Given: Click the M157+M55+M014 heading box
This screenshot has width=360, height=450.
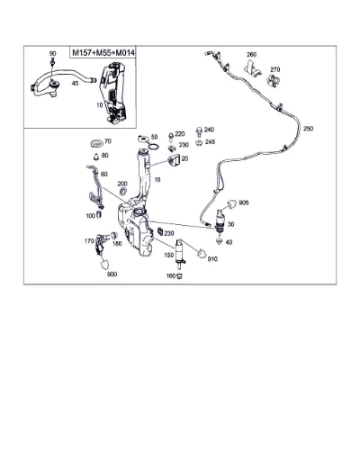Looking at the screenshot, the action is pyautogui.click(x=103, y=52).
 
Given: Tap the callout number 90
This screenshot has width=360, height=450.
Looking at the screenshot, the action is pyautogui.click(x=52, y=54).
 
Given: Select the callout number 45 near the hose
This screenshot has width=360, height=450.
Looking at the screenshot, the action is pyautogui.click(x=75, y=83).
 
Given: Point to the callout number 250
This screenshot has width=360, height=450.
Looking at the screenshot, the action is pyautogui.click(x=308, y=129).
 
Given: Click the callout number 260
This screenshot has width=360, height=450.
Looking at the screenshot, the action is pyautogui.click(x=251, y=54).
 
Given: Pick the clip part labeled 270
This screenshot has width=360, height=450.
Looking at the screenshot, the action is pyautogui.click(x=273, y=81).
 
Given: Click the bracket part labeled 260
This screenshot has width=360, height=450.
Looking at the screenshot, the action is pyautogui.click(x=252, y=67).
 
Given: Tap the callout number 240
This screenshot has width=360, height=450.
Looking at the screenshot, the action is pyautogui.click(x=209, y=130).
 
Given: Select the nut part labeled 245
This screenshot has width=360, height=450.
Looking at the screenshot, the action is pyautogui.click(x=198, y=143).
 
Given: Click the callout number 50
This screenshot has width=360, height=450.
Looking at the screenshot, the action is pyautogui.click(x=154, y=137).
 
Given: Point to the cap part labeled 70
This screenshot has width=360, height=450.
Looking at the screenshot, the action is pyautogui.click(x=96, y=143).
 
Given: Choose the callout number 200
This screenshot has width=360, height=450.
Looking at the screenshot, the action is pyautogui.click(x=122, y=184).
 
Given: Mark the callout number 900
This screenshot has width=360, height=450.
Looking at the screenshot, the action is pyautogui.click(x=112, y=274).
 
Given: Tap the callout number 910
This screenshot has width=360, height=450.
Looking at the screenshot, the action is pyautogui.click(x=212, y=259).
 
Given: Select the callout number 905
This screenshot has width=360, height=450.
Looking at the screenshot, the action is pyautogui.click(x=244, y=203).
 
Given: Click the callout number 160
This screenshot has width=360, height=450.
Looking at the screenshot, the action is pyautogui.click(x=171, y=275).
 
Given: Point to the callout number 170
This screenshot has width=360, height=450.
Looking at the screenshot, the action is pyautogui.click(x=89, y=240).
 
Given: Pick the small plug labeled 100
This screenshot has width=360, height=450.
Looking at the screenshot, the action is pyautogui.click(x=99, y=214).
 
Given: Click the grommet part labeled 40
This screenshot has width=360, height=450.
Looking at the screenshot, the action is pyautogui.click(x=220, y=241).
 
